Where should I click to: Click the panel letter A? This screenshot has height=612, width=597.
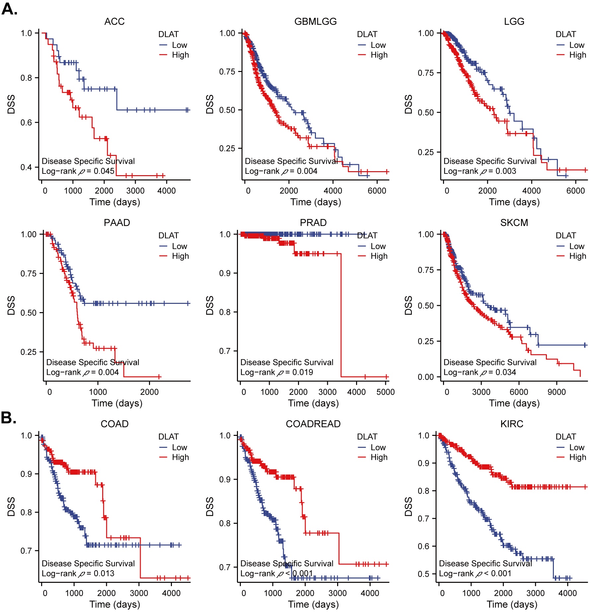[9, 9]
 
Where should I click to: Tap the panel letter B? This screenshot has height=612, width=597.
[8, 418]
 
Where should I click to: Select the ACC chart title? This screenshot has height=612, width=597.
[114, 22]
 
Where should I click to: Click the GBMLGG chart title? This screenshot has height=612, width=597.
[315, 22]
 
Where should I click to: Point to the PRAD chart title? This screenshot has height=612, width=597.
[313, 223]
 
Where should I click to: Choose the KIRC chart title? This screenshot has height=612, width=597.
[512, 424]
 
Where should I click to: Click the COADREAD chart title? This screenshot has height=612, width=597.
[313, 424]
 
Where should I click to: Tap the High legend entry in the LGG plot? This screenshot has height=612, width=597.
[577, 55]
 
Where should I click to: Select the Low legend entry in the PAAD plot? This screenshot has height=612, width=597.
[179, 246]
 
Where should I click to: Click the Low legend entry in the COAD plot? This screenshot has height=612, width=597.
[179, 447]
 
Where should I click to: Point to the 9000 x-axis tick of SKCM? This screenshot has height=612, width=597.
[557, 392]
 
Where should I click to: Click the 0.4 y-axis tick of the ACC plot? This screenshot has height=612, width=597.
[27, 167]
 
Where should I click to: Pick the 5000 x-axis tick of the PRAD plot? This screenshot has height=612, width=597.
[385, 392]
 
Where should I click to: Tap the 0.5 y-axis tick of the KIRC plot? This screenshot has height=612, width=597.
[424, 574]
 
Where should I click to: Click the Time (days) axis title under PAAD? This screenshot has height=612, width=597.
[117, 403]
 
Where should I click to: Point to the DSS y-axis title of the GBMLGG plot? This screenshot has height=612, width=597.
[210, 104]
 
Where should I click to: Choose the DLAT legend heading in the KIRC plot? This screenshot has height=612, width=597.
[566, 437]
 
